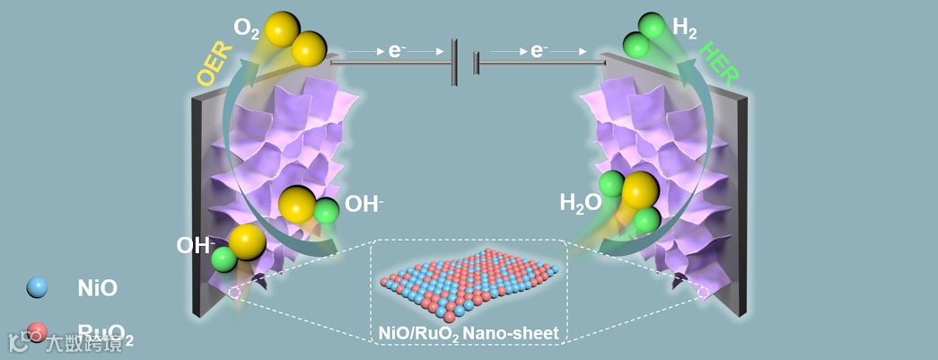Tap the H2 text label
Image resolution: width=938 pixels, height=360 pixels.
[684, 30]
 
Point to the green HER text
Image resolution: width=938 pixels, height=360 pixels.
[720, 64]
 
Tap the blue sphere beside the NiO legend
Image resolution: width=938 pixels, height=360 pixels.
[37, 287]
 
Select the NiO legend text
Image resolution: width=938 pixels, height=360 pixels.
[97, 288]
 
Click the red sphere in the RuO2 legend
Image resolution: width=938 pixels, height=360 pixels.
[37, 331]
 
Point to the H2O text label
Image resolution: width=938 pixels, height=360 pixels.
[580, 203]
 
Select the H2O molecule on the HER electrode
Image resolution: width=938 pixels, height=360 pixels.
[634, 199]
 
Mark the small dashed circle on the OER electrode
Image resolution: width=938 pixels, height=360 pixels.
[234, 292]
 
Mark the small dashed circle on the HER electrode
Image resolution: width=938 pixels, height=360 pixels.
[703, 292]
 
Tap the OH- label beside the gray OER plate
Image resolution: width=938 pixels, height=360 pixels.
[195, 244]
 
